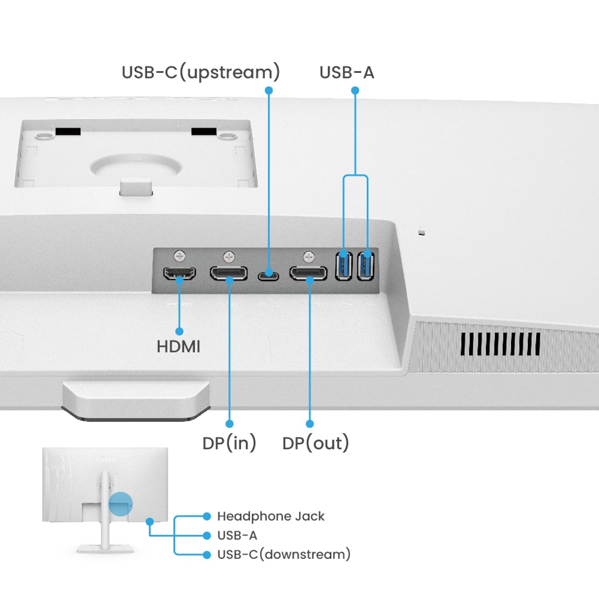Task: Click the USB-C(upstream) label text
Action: click(x=200, y=72)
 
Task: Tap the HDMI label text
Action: click(x=179, y=347)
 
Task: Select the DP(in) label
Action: click(x=229, y=443)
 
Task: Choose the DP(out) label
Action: click(x=315, y=443)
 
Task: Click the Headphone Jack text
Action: click(x=271, y=516)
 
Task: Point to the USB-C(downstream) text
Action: click(x=284, y=554)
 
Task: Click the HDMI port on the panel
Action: click(x=179, y=273)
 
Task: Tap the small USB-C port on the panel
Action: click(x=268, y=275)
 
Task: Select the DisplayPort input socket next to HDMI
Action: click(x=229, y=274)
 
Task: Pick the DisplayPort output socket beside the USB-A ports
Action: click(x=308, y=274)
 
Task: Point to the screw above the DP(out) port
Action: click(x=309, y=256)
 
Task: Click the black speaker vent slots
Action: click(x=500, y=344)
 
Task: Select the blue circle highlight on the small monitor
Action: click(x=120, y=504)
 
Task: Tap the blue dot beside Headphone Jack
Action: click(x=207, y=516)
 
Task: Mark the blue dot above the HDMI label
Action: click(x=179, y=331)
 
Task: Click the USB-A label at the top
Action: click(x=347, y=72)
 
